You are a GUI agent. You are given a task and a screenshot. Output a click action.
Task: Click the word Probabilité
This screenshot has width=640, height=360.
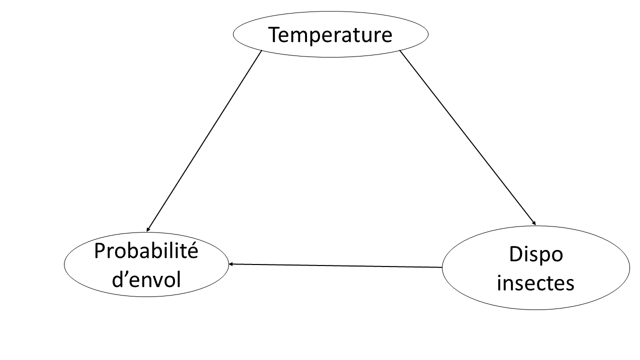pos(146,251)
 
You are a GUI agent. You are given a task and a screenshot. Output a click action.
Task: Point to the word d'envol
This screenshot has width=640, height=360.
pos(146,279)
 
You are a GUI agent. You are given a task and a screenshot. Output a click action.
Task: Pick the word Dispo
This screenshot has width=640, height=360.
pos(536,254)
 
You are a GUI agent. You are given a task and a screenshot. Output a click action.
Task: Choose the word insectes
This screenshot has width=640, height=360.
pos(536,283)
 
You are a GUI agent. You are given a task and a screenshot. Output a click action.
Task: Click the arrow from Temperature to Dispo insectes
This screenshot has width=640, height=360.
pos(468,138)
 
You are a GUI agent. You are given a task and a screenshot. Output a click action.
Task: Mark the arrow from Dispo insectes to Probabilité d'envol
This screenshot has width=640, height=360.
pos(335,265)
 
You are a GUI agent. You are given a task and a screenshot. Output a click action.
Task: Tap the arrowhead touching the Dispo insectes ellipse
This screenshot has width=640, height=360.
pos(533,223)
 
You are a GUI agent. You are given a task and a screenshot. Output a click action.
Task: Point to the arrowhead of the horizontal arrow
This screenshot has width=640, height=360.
pos(231,264)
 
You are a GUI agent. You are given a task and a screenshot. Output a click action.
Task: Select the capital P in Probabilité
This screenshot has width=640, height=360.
pos(99,251)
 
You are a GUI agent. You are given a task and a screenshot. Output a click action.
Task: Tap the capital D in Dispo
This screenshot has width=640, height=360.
pos(515,254)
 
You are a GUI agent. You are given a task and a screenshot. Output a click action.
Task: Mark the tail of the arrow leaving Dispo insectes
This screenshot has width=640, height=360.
pos(441,267)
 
